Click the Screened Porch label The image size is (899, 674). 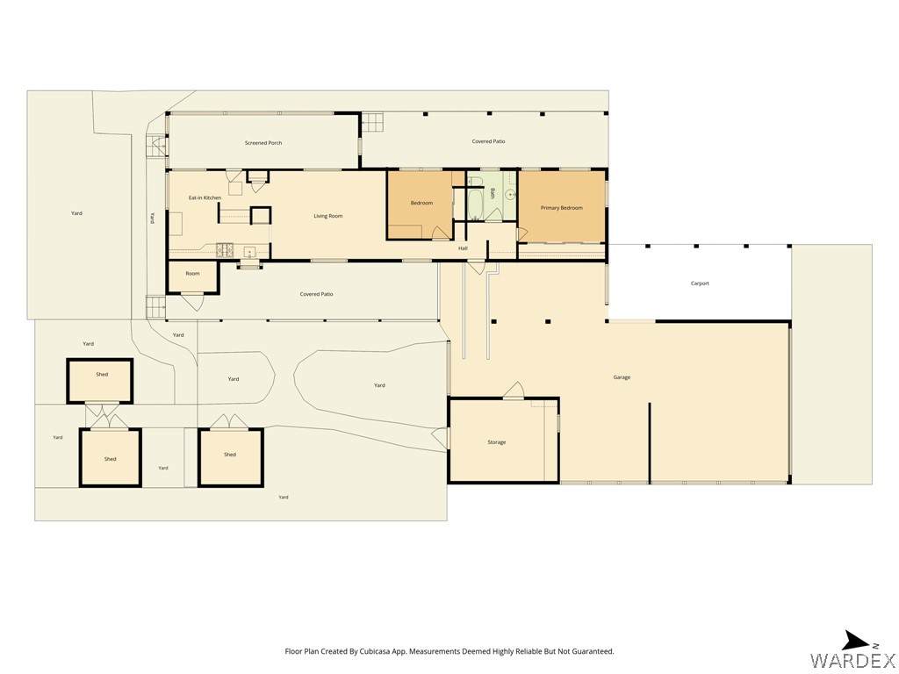coord(263,143)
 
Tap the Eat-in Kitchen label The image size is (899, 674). coord(205,197)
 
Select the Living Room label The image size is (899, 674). coord(328,216)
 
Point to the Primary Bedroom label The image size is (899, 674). coord(561,208)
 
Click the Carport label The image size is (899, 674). coord(700,283)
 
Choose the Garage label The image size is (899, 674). coord(622,377)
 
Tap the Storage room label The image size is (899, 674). coord(497,442)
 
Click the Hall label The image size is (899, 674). coord(463,248)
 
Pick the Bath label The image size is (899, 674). coord(492,193)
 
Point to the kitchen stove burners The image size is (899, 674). coord(224,250)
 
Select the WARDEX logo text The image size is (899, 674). coord(853,660)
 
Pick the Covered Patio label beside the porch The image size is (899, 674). coord(488,141)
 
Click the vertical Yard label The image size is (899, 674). coord(152,219)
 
